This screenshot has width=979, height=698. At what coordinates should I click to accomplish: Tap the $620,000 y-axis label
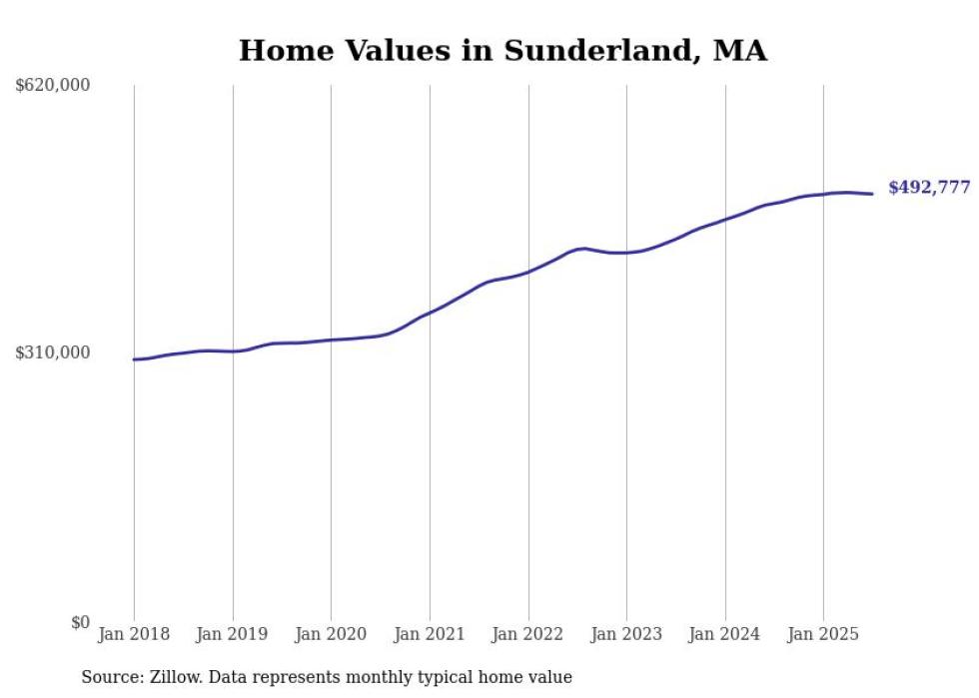(53, 86)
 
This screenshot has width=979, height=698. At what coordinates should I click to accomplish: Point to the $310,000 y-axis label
(53, 353)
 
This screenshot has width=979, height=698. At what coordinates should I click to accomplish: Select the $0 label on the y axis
(80, 623)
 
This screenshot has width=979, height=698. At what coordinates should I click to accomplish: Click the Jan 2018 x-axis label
(134, 635)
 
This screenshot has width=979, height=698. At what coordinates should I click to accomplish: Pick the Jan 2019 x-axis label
(233, 635)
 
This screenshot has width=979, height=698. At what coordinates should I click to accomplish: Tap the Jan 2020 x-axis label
(331, 635)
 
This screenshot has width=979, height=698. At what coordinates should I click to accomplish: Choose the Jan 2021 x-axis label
(430, 635)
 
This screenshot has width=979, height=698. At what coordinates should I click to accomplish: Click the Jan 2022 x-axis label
(528, 635)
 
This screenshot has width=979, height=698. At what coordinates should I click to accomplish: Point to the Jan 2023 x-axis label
(626, 635)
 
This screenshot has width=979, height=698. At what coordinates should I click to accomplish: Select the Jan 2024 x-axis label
(725, 635)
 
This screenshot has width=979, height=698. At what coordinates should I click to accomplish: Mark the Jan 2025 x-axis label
(823, 635)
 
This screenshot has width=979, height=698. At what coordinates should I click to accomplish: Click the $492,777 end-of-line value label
(929, 188)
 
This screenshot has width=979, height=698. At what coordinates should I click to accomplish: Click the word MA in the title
(740, 51)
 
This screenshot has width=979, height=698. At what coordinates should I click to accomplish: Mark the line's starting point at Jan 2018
(134, 359)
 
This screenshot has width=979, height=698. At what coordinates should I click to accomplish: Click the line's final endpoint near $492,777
(873, 194)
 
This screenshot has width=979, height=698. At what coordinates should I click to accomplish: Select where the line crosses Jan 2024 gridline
(725, 219)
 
